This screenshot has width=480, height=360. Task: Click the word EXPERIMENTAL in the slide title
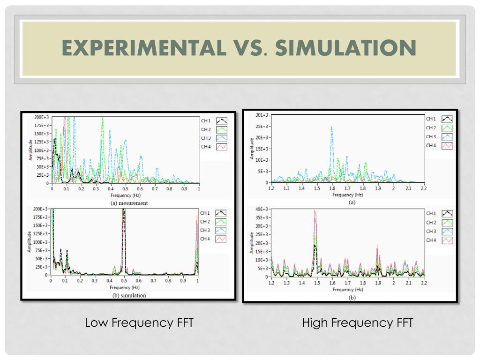[x=142, y=48]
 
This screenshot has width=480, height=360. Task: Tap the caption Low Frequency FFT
[x=139, y=323]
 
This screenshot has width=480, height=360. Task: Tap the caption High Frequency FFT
[x=357, y=323]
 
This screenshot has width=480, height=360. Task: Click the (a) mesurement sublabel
[x=129, y=203]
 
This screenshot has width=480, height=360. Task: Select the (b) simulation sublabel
[x=129, y=295]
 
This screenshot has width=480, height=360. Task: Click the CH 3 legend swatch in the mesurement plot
[x=221, y=138]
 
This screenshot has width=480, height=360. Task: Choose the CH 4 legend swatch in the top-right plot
[x=447, y=145]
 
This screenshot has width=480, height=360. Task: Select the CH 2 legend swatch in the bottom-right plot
[x=447, y=222]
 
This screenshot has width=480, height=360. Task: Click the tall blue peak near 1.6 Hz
[x=332, y=127]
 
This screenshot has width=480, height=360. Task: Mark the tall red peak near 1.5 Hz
[x=315, y=212]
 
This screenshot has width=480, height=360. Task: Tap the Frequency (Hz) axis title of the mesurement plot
[x=126, y=195]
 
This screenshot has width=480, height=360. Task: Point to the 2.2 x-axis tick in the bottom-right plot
[x=424, y=283]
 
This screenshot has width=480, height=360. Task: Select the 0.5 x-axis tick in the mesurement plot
[x=126, y=189]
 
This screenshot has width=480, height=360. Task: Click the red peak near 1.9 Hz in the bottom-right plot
[x=377, y=245]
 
